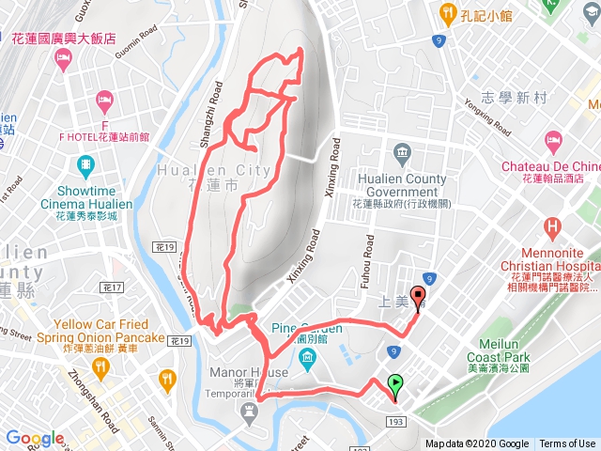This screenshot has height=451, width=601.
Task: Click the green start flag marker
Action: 395,384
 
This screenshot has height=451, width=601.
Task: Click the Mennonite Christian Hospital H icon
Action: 552,226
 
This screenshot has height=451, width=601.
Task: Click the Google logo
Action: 35,438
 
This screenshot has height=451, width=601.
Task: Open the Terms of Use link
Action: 566,444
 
